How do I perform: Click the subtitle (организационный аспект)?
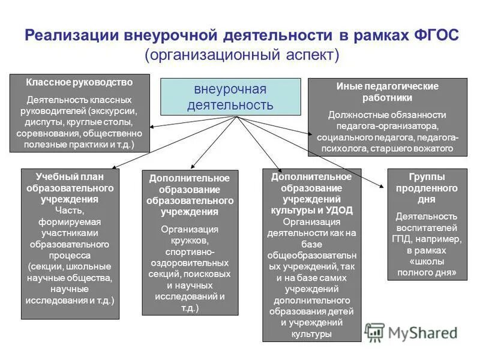(242, 55)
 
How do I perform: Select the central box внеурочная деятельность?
(230, 97)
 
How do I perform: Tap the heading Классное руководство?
(79, 82)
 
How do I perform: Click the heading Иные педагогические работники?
(387, 91)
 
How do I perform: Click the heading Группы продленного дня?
(426, 188)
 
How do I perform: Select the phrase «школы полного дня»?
(426, 266)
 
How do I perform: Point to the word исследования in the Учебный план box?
(61, 300)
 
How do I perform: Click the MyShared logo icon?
(375, 332)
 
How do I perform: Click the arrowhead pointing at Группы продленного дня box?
(383, 188)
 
